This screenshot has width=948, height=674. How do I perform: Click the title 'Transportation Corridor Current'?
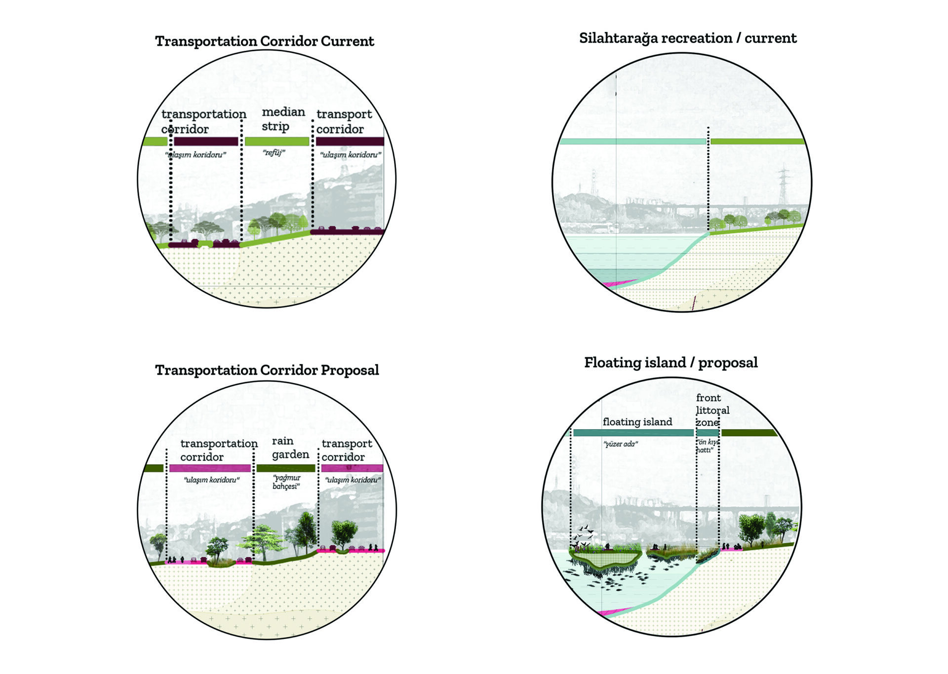[x=264, y=41]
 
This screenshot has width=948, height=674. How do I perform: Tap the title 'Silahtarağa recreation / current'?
[x=687, y=38]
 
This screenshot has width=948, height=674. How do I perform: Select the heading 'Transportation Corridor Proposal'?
[x=267, y=370]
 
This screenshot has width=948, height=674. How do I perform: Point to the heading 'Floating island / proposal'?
[x=671, y=363]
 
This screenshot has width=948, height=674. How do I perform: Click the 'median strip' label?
[x=283, y=119]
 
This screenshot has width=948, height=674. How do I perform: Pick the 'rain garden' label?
[x=290, y=448]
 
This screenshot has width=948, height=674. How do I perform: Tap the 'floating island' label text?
[x=637, y=422]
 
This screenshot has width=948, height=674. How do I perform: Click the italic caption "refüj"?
[x=274, y=153]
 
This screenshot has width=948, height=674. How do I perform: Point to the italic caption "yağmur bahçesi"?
[x=286, y=482]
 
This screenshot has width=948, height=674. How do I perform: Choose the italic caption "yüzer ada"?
[x=620, y=444]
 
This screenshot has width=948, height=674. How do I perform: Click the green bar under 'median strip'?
[x=276, y=142]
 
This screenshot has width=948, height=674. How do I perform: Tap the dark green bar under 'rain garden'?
[x=285, y=468]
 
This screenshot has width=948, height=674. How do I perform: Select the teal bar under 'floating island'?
[x=633, y=433]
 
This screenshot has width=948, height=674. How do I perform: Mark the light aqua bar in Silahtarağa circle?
[x=632, y=142]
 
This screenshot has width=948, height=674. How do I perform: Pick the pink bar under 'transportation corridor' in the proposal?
[x=210, y=468]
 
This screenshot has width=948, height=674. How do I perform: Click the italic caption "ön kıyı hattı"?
[x=707, y=446]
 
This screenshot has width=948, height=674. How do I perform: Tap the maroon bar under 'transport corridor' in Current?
[x=350, y=142]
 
